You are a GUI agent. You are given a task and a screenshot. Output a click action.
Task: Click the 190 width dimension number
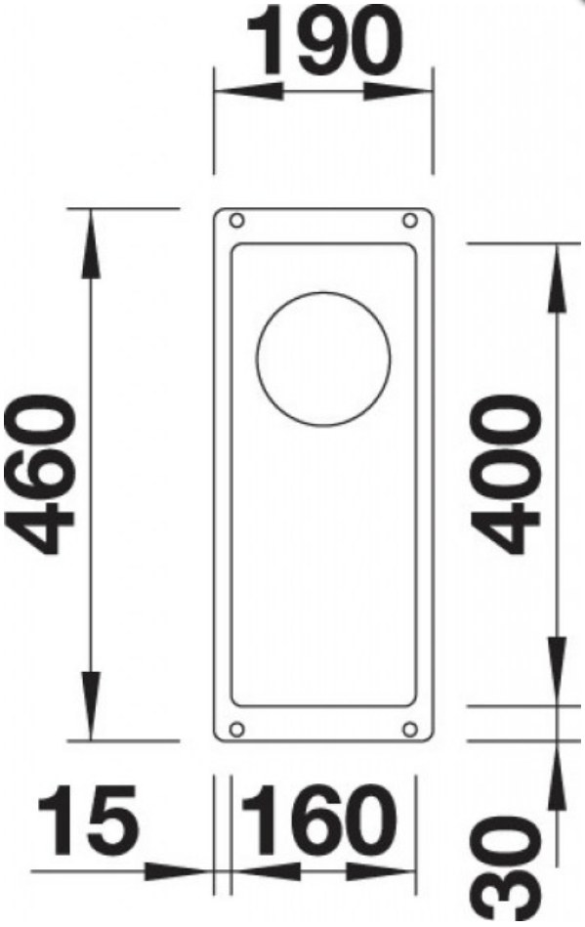click(x=324, y=41)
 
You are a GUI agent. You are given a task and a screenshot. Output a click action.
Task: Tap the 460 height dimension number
click(x=40, y=475)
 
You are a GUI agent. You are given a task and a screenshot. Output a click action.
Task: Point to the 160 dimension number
click(x=319, y=820)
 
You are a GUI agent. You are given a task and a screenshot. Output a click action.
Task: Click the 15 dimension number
click(x=88, y=820)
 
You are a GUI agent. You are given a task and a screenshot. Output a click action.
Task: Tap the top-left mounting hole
click(x=237, y=221)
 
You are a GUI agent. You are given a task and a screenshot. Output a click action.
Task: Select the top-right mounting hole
click(x=409, y=221)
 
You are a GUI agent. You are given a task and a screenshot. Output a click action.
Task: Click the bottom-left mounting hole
click(x=237, y=729)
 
